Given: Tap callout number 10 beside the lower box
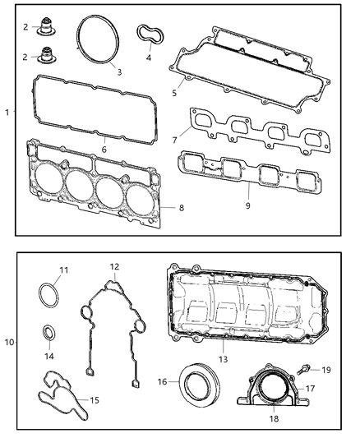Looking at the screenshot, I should tap(9, 340).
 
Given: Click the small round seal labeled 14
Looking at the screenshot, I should tap(50, 334).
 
